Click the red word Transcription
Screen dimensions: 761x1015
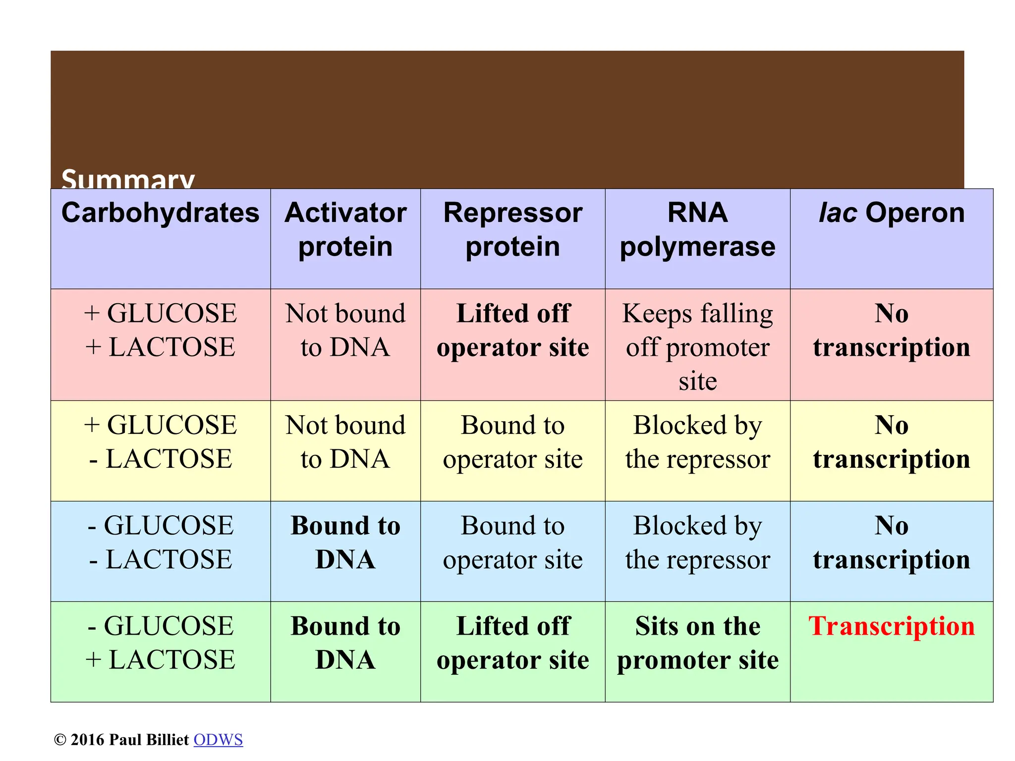pos(891,626)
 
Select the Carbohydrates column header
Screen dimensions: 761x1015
pos(160,213)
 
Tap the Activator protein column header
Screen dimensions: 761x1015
pos(345,229)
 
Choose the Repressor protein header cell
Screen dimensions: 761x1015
pos(512,229)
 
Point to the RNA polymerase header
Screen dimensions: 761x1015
pos(697,229)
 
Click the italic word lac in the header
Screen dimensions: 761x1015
pos(838,213)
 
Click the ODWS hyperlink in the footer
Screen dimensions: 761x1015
pos(218,740)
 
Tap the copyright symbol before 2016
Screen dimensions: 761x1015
pos(60,740)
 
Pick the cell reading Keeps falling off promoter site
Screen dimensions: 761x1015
pos(697,347)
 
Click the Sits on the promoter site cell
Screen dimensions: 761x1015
pos(697,643)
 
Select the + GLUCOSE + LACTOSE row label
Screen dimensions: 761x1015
pos(160,330)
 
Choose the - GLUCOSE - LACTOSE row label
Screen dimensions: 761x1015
pos(160,543)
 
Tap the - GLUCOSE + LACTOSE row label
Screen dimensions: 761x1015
pos(160,643)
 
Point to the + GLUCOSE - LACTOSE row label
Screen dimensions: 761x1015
pos(160,442)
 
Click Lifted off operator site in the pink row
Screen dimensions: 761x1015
pos(512,330)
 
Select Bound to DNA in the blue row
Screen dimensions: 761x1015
pos(345,543)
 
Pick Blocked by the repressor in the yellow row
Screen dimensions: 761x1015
pos(697,442)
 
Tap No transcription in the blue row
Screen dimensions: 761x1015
pos(891,543)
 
